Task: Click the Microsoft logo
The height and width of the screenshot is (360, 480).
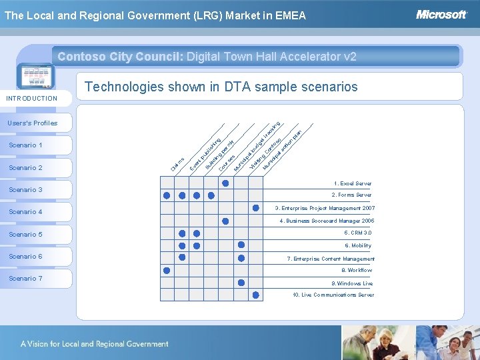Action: [441, 14]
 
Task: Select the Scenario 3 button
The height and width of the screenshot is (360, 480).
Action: [37, 190]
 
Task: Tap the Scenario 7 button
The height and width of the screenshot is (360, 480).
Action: [37, 279]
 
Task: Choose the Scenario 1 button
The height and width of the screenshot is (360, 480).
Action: [37, 145]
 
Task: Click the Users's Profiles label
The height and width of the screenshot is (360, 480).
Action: [33, 123]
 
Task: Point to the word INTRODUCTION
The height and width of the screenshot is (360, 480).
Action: [32, 99]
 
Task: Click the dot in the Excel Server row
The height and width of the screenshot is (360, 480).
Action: [226, 183]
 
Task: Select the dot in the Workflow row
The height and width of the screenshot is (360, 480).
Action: [167, 270]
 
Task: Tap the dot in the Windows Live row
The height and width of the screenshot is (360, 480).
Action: [241, 282]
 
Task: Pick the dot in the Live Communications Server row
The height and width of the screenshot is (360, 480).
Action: [255, 294]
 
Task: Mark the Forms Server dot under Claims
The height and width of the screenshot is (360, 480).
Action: [167, 196]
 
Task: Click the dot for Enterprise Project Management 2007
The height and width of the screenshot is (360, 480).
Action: [255, 208]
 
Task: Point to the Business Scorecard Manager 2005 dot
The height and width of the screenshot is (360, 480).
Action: [226, 221]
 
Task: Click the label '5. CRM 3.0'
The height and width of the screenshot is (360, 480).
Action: [357, 233]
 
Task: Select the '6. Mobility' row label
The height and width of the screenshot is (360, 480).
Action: [357, 245]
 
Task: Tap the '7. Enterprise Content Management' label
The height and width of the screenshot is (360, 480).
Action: [331, 259]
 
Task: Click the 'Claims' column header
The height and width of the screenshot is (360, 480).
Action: [176, 162]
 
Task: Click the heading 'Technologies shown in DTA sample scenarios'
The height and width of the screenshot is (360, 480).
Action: [221, 87]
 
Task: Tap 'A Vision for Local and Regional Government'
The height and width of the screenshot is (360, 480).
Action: [94, 344]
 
